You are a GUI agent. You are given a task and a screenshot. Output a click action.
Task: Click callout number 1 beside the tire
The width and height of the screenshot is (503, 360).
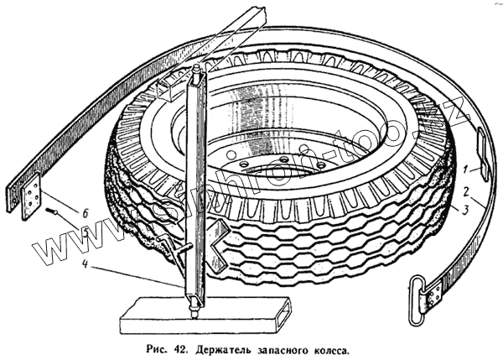tap(474, 169)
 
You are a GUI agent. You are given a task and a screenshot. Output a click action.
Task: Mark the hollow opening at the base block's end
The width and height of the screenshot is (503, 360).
tap(285, 316)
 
